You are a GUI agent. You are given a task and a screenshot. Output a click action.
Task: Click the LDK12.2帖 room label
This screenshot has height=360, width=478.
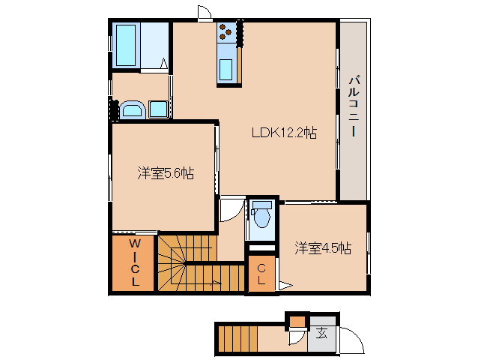[284, 133]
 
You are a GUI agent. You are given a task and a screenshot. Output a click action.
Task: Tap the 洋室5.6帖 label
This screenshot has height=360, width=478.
[166, 173]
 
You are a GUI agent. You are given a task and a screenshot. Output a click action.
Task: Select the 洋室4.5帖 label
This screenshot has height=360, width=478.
[323, 248]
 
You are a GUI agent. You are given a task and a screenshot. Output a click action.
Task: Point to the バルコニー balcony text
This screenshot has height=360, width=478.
[354, 106]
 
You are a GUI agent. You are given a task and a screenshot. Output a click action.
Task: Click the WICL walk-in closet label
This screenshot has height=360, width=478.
[134, 262]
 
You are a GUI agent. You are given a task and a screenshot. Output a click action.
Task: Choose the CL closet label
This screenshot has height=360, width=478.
[261, 274]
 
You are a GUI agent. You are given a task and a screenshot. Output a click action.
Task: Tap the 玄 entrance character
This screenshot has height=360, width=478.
[321, 333]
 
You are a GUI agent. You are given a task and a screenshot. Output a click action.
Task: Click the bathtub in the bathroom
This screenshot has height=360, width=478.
[126, 45]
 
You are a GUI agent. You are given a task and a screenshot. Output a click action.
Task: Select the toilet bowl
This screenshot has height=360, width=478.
[261, 214]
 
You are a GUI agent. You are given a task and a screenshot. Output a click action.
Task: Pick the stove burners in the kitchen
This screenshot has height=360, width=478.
[226, 32]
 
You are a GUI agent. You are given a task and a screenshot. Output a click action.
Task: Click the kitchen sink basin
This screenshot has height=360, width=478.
[226, 70]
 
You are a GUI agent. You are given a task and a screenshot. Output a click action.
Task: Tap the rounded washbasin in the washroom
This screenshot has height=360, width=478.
[132, 109]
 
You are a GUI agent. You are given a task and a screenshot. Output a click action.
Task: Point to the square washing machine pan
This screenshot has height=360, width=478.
[159, 109]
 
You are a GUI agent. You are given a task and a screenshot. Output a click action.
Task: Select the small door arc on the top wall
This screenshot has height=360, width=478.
[205, 13]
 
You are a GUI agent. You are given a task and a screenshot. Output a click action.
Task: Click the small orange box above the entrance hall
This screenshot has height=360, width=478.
[297, 321]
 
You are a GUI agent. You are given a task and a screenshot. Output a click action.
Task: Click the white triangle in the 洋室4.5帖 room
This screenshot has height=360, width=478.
[285, 286]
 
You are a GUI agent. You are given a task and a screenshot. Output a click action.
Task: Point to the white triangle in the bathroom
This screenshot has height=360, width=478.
[164, 63]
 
